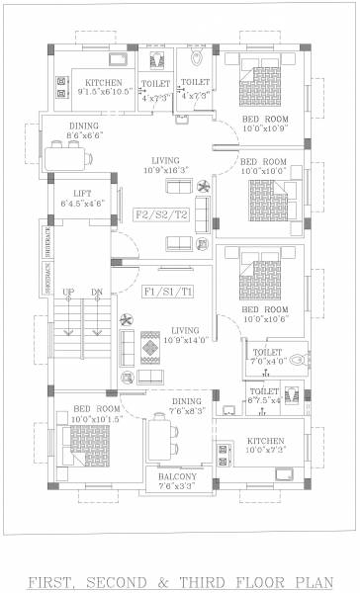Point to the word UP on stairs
click(x=68, y=293)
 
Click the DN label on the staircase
click(x=96, y=293)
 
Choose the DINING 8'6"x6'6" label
click(x=83, y=129)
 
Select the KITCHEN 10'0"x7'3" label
click(x=265, y=445)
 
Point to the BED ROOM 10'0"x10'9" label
click(x=264, y=125)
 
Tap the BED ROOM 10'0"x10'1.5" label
click(x=96, y=413)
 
